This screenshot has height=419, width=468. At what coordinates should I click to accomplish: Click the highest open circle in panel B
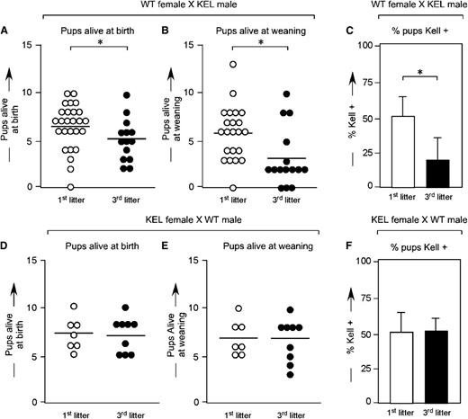pos(233,65)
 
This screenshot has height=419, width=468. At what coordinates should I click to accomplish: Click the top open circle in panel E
pos(236,308)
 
